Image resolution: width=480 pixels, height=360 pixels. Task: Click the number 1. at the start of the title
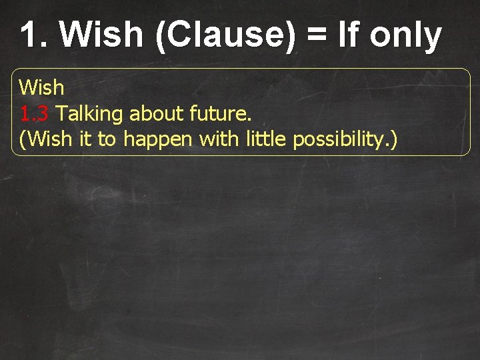tap(34, 35)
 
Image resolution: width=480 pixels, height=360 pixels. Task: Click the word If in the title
tap(349, 35)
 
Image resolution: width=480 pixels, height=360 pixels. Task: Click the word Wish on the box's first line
tap(41, 87)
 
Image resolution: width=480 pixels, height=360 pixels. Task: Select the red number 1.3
tap(34, 114)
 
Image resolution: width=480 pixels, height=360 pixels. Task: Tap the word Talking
tap(90, 114)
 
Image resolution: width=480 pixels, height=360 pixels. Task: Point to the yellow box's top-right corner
tap(469, 69)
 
